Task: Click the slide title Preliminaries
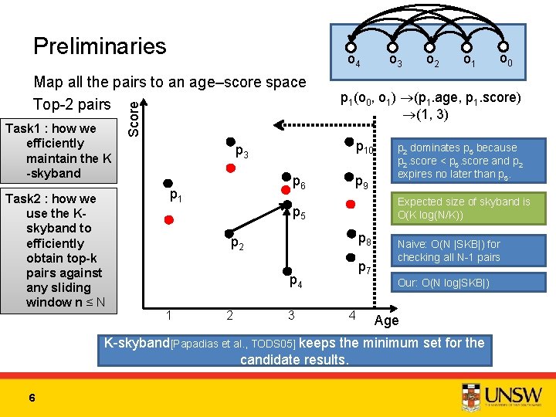pyautogui.click(x=100, y=46)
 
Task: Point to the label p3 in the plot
pyautogui.click(x=241, y=153)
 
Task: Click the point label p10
pyautogui.click(x=364, y=147)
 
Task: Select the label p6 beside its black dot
pyautogui.click(x=299, y=183)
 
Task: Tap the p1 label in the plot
pyautogui.click(x=176, y=196)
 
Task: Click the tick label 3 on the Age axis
pyautogui.click(x=291, y=314)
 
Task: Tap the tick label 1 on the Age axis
pyautogui.click(x=168, y=314)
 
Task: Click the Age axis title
pyautogui.click(x=386, y=320)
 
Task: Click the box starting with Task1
pyautogui.click(x=59, y=151)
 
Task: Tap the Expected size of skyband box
pyautogui.click(x=463, y=207)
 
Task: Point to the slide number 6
pyautogui.click(x=32, y=397)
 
